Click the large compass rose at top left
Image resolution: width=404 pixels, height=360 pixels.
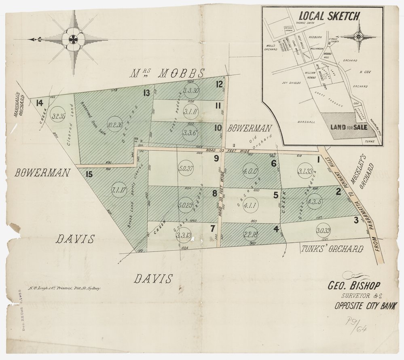coord(73,40)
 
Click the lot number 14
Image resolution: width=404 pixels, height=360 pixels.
coord(40,103)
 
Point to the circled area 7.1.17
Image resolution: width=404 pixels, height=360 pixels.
coord(119,189)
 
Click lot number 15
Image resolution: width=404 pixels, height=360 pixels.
coord(90,174)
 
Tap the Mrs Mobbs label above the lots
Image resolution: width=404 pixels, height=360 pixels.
coord(167,74)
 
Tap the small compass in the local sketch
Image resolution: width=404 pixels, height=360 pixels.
coord(358,37)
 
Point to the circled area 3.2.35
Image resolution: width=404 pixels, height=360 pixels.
coord(59,116)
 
